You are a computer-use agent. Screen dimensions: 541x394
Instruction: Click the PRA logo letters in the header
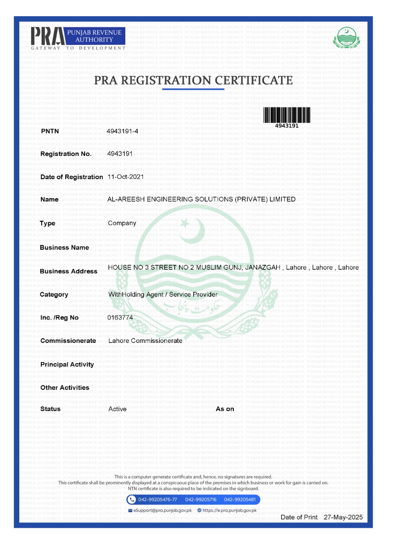(47, 36)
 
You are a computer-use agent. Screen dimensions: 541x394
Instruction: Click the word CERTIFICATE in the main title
(253, 80)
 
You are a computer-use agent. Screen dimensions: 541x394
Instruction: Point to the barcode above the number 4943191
(287, 115)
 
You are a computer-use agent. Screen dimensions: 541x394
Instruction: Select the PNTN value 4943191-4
(122, 131)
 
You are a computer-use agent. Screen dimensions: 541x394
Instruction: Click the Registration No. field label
(66, 154)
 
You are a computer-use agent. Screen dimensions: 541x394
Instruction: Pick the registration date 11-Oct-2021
(125, 177)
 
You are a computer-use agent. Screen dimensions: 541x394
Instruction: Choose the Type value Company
(122, 223)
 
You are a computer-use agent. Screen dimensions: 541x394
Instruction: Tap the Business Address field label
(68, 271)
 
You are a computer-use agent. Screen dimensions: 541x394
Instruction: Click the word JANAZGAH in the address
(263, 267)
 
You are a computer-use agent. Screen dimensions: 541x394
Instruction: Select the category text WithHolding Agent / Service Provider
(163, 295)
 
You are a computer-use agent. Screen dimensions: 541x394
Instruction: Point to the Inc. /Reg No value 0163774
(120, 317)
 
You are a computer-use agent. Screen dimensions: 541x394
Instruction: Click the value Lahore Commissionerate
(145, 341)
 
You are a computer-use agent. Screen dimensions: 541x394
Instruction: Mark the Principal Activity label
(67, 364)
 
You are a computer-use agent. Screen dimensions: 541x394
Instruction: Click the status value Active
(117, 409)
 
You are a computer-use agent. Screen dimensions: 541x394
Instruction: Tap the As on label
(225, 409)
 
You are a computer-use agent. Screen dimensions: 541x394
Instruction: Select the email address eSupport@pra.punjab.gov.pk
(162, 511)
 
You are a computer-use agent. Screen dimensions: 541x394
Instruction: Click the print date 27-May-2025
(343, 517)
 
